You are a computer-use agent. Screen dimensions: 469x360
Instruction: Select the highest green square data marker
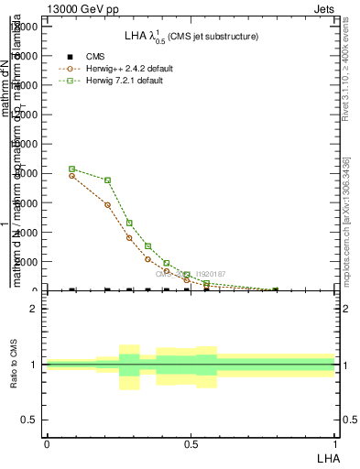[72, 169]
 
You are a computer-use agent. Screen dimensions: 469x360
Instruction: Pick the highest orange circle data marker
[72, 175]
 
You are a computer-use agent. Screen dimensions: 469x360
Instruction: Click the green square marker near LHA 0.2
[108, 180]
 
